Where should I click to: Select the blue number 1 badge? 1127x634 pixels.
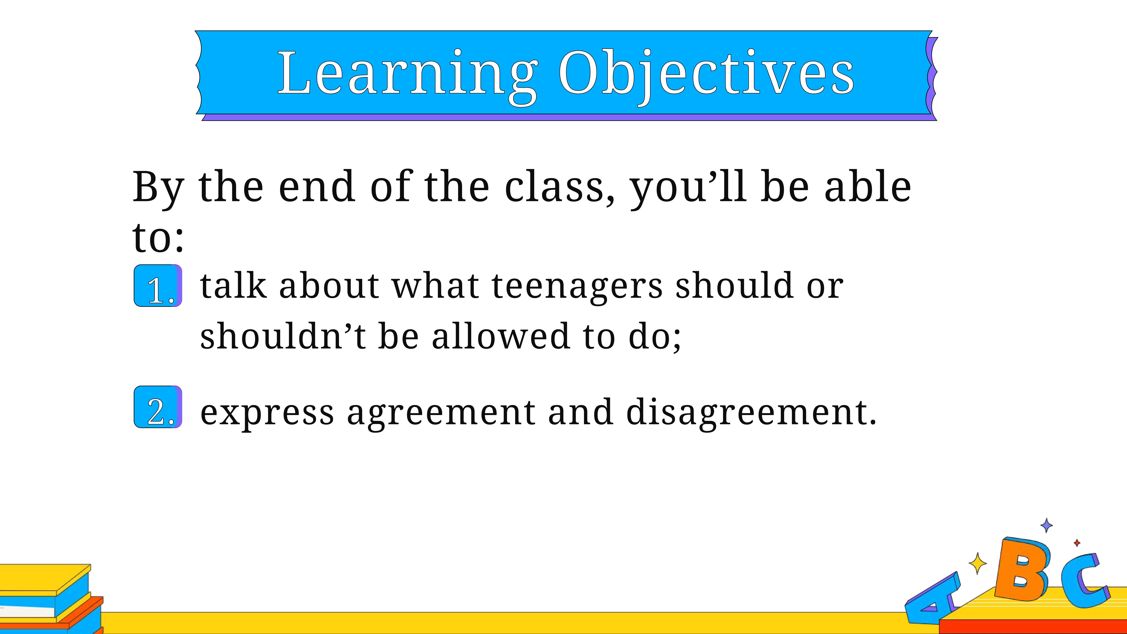tap(158, 286)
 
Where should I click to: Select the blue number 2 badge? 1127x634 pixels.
tap(158, 407)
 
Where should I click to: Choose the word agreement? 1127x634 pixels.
tap(441, 413)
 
